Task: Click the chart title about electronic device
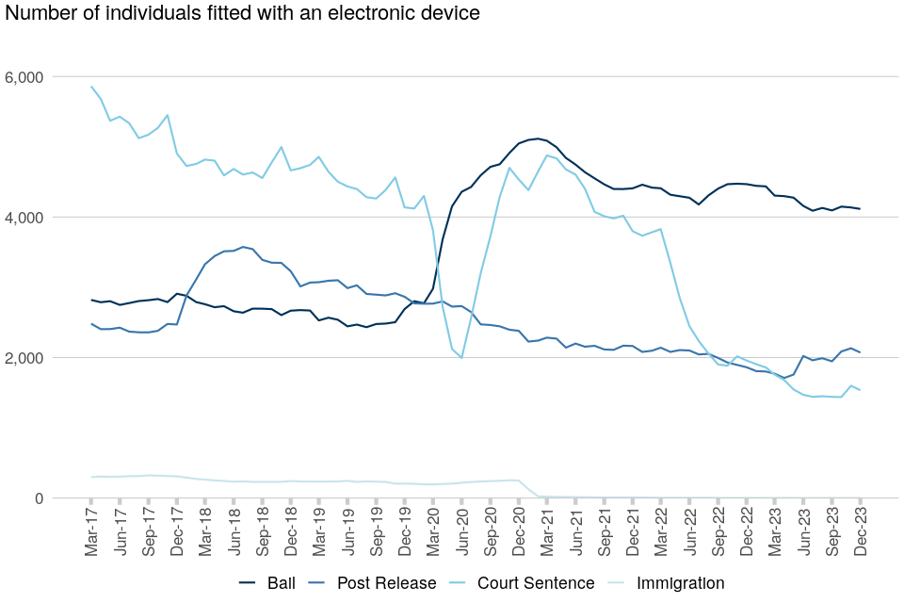coord(243,14)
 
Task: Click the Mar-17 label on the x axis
coord(92,532)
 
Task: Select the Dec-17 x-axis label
coord(177,532)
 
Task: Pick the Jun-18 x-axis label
coord(234,532)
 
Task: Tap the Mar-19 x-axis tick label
coord(319,532)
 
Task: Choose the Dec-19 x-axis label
coord(405,532)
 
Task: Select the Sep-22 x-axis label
coord(718,532)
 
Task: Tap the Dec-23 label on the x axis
coord(860,532)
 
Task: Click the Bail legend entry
coord(266,583)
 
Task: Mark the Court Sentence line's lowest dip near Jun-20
coord(461,358)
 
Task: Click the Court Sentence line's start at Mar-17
coord(91,87)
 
